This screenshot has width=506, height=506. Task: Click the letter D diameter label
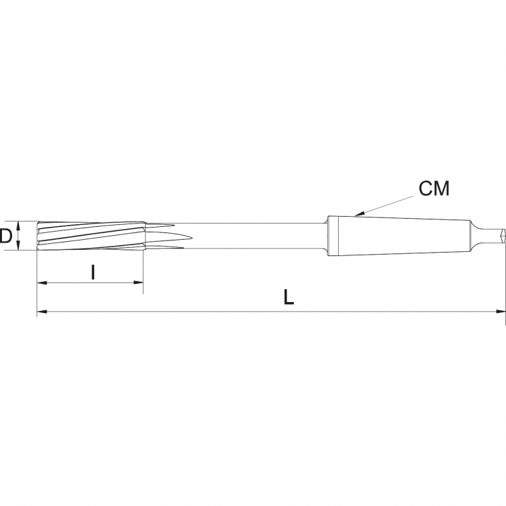5,236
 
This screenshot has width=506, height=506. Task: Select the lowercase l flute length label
93,272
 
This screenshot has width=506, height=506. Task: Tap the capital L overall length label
289,297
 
